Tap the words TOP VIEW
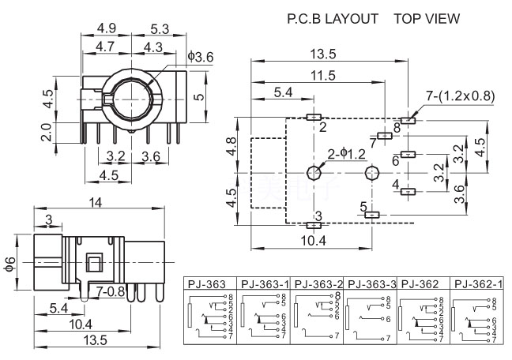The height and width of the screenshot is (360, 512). tap(427, 17)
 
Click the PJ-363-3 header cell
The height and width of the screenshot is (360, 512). tap(371, 283)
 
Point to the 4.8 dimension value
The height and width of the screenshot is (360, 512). tap(231, 147)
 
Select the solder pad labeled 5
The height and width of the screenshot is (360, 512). tap(374, 214)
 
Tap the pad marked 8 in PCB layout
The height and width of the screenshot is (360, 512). tap(408, 120)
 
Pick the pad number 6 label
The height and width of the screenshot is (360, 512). tap(396, 160)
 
